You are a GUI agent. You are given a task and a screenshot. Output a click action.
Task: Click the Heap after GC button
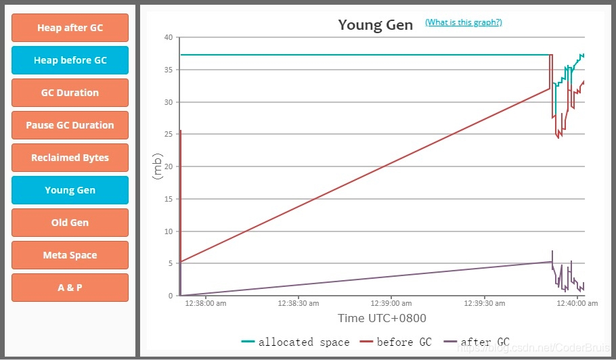(x=70, y=28)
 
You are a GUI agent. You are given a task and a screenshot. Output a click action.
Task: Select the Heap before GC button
(x=70, y=60)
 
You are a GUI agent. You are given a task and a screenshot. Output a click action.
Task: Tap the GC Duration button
(x=70, y=93)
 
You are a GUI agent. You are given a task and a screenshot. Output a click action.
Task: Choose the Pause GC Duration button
(x=70, y=125)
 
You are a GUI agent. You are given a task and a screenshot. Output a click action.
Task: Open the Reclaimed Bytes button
(x=70, y=158)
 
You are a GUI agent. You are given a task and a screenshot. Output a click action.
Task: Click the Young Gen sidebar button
(x=70, y=190)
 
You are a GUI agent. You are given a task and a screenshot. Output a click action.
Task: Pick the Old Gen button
(x=70, y=223)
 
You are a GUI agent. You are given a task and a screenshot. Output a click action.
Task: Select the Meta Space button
(x=70, y=255)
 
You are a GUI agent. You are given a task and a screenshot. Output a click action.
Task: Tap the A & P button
(x=70, y=288)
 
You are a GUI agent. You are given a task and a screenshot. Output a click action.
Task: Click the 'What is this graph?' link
(x=463, y=22)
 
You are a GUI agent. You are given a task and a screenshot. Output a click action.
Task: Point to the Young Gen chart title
(x=375, y=25)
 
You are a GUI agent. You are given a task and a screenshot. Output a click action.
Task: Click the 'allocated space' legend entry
(x=296, y=342)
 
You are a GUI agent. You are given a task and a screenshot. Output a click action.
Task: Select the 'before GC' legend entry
(x=397, y=342)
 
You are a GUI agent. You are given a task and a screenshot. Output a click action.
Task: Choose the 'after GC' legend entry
(x=477, y=342)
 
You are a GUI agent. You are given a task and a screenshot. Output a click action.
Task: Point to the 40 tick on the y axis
(x=169, y=37)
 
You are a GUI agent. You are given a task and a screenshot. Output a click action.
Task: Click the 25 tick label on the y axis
(x=169, y=134)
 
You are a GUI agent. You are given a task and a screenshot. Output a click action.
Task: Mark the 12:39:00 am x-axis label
(x=391, y=304)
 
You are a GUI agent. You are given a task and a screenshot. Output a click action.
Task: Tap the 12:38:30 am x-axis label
(x=299, y=304)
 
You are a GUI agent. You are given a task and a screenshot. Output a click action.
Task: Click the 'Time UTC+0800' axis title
(x=382, y=318)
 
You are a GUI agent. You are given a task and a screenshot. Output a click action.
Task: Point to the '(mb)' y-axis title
(x=158, y=166)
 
